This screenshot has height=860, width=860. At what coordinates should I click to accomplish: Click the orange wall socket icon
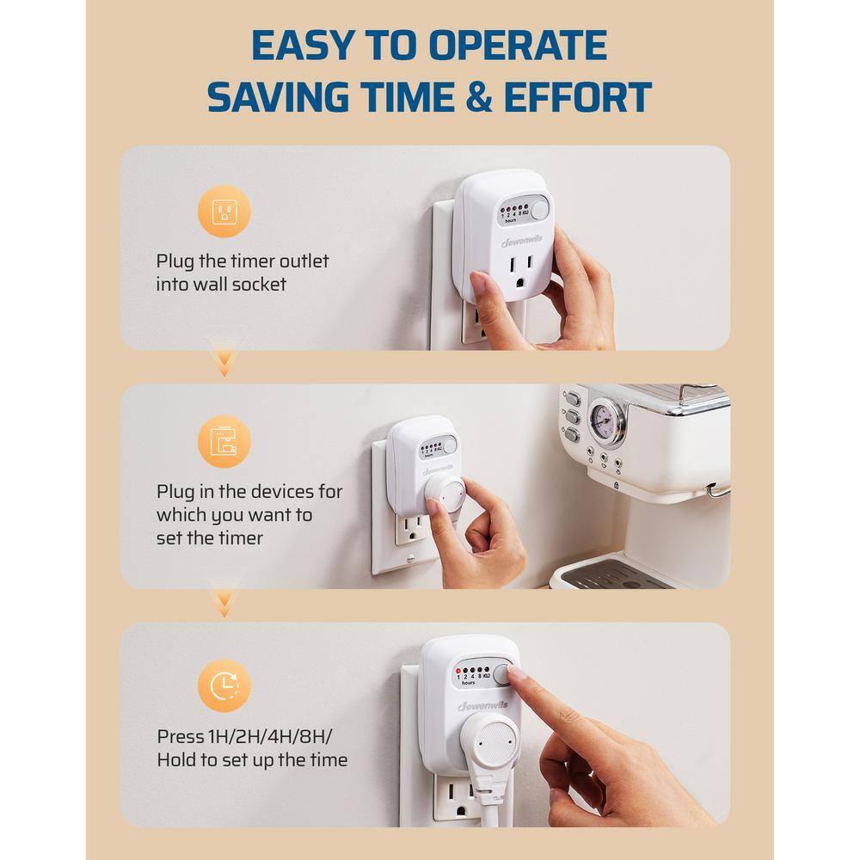[x=224, y=212]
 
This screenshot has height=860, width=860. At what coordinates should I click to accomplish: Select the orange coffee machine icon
[x=224, y=442]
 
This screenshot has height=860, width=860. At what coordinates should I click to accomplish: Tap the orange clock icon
[x=224, y=685]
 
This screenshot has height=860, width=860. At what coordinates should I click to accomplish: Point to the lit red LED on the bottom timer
[x=459, y=668]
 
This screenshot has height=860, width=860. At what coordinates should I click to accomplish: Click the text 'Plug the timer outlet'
[x=242, y=261]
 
